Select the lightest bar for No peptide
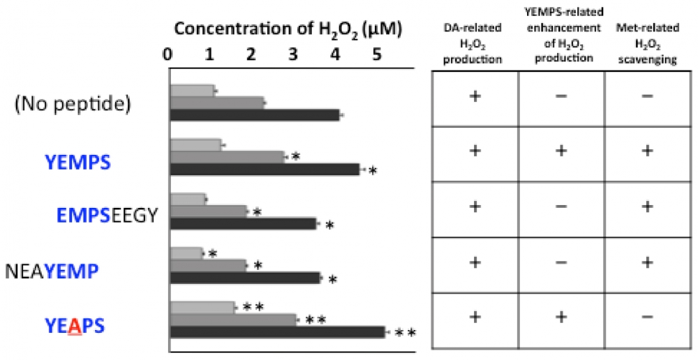pyautogui.click(x=192, y=90)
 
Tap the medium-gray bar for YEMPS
pyautogui.click(x=228, y=156)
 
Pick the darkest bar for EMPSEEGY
pyautogui.click(x=244, y=224)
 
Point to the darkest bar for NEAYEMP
pyautogui.click(x=245, y=278)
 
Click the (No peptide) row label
pyautogui.click(x=73, y=105)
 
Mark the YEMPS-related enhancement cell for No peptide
pyautogui.click(x=561, y=96)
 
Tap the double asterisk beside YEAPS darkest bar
pyautogui.click(x=406, y=333)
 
